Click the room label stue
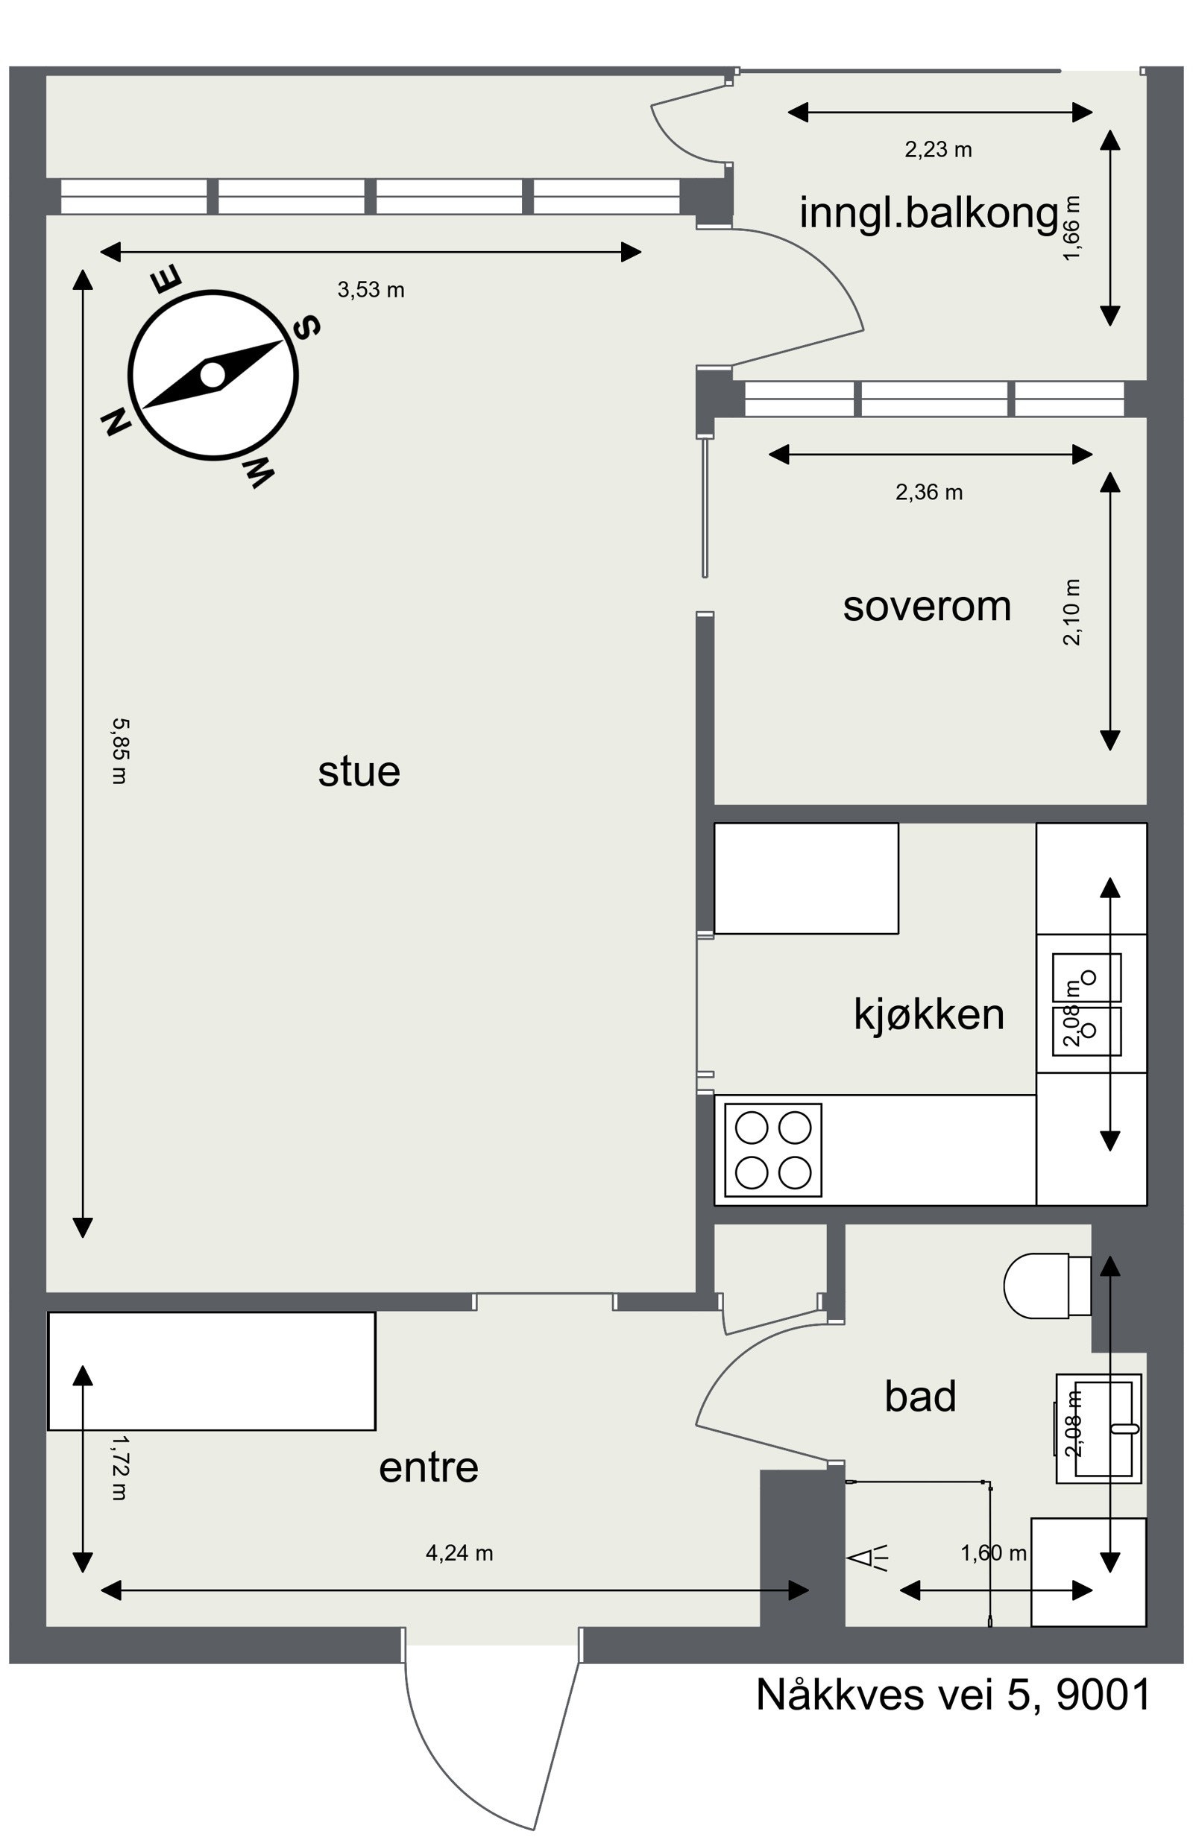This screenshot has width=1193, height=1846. (x=359, y=772)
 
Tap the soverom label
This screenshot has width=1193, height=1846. (x=927, y=607)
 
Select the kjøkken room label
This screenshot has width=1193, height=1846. (x=928, y=1014)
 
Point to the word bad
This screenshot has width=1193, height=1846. (x=920, y=1396)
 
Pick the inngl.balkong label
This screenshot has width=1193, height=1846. (x=928, y=213)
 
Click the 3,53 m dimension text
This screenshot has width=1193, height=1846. (x=371, y=291)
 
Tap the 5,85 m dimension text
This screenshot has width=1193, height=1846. (x=119, y=751)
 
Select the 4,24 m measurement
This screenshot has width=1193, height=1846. (x=459, y=1552)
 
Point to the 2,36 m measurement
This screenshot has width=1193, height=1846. (x=929, y=493)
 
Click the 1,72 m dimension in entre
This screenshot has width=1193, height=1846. (x=119, y=1468)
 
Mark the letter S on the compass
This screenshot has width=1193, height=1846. (x=306, y=328)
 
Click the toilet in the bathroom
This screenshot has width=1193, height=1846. (x=1046, y=1286)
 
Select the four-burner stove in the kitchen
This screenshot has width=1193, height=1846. (x=772, y=1150)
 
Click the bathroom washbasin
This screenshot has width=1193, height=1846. (x=1098, y=1429)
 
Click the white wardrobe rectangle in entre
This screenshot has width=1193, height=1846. (x=212, y=1371)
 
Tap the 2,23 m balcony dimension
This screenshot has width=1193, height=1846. (x=937, y=150)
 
